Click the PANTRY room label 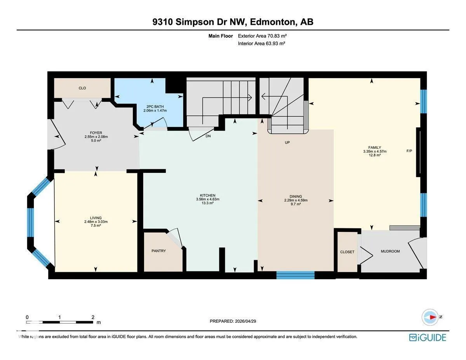coord(158,251)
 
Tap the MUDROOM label coord(390,251)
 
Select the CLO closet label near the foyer coord(82,88)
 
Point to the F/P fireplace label coord(409,151)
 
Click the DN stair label coord(208,136)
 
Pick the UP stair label coord(287,143)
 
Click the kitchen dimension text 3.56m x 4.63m coord(208,199)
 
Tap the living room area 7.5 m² coord(96,226)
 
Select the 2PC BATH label coord(155,106)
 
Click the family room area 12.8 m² coord(375,155)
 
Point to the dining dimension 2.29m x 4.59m coord(296,200)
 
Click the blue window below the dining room coord(295,275)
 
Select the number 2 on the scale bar coord(93,317)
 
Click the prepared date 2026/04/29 coord(245,321)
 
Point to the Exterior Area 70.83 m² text coord(262,36)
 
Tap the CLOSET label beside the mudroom coord(347,252)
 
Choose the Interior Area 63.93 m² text coord(261,43)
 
